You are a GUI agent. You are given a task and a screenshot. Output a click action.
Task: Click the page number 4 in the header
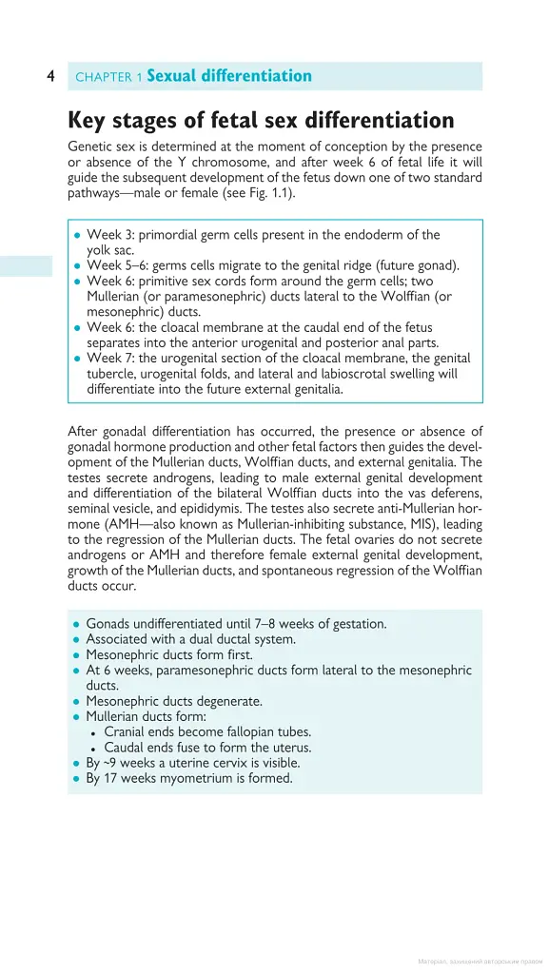coord(50,76)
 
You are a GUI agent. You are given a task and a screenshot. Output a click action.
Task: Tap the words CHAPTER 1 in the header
coord(108,77)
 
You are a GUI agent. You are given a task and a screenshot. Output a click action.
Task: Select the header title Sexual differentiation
coord(229,76)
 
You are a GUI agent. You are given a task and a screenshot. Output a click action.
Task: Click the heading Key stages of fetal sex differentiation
coord(261,121)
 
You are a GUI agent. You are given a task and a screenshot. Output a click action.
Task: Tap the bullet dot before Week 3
coord(77,235)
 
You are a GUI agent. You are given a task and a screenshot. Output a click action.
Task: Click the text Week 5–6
coord(113,266)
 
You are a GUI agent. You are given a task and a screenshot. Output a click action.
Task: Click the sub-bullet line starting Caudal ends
coord(206,747)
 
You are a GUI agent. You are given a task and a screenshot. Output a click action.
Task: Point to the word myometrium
coord(194,777)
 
